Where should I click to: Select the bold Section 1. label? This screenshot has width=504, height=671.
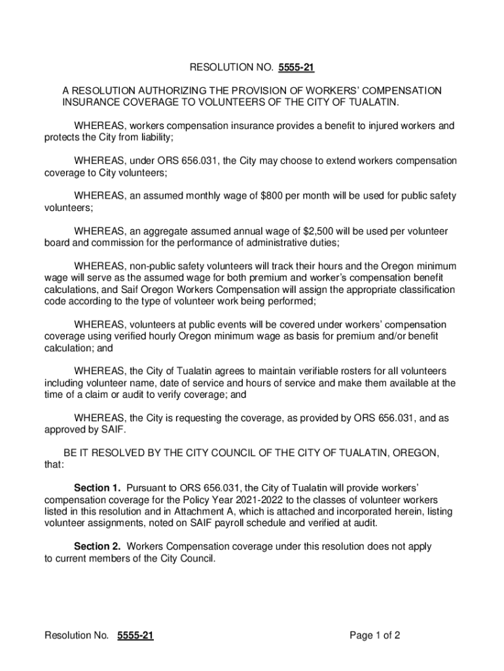pyautogui.click(x=98, y=488)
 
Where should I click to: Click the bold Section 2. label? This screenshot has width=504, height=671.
pyautogui.click(x=98, y=546)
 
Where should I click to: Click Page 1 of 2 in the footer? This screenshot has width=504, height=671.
pyautogui.click(x=375, y=636)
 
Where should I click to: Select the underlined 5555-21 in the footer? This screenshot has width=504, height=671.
pyautogui.click(x=135, y=636)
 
